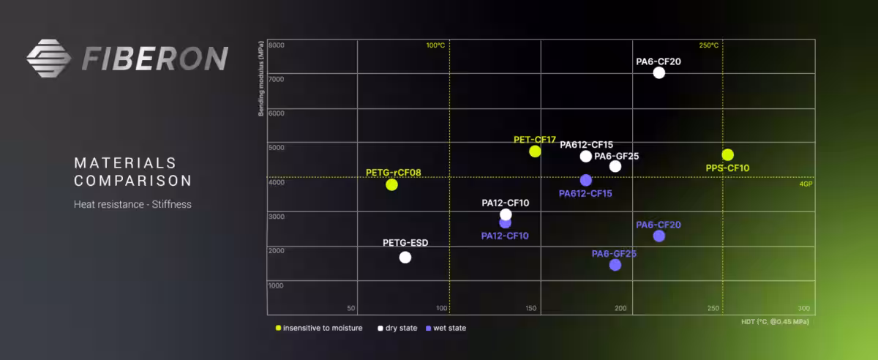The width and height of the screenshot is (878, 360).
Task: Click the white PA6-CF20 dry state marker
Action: point(658,72)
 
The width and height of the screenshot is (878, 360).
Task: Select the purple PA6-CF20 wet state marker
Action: point(658,236)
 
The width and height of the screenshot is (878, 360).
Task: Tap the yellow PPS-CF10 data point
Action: point(727,154)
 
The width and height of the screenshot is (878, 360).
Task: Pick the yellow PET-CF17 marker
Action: point(535,151)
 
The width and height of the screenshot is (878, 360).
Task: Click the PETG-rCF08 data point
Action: point(392,184)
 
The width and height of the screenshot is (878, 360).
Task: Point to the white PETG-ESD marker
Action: point(405,257)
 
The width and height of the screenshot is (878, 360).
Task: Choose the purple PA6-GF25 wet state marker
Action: point(615,265)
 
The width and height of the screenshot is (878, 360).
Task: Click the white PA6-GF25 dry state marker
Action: point(615,166)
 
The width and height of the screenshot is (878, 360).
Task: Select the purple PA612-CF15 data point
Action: point(586,180)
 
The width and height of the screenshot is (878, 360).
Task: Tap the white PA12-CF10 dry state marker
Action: point(506,214)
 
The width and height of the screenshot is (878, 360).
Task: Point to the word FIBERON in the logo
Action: point(154,59)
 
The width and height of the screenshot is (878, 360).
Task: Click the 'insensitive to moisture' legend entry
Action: point(319,328)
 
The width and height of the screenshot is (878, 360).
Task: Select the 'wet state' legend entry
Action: point(446,328)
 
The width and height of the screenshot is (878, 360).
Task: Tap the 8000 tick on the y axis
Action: point(276,45)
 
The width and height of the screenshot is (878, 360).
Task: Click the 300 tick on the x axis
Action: point(803,308)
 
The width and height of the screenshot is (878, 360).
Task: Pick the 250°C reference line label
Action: point(708,45)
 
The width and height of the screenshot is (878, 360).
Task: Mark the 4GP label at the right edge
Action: point(806,184)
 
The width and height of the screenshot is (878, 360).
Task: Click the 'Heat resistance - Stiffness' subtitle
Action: point(132,204)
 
